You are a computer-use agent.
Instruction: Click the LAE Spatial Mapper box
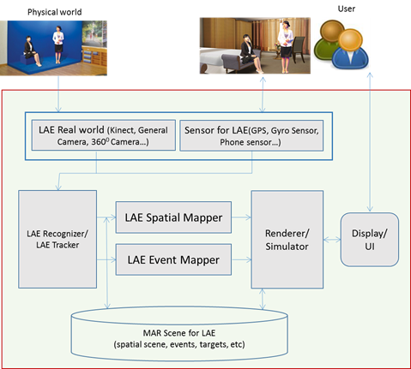coord(173,217)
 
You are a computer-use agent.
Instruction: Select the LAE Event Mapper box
coord(173,259)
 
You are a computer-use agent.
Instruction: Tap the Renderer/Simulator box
coord(287,240)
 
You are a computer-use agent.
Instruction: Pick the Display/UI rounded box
coord(370,240)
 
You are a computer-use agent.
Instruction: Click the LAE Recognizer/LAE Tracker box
coord(57,239)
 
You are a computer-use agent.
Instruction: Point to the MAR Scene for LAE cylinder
coord(179,334)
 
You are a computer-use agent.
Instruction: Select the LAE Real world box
coord(104,135)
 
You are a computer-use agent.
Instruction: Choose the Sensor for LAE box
coord(251,135)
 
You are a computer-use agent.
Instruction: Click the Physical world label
coord(55,12)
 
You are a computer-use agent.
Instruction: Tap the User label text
coord(347,9)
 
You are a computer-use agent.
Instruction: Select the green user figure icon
coord(329,40)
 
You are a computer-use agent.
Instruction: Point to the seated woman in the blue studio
coord(31,51)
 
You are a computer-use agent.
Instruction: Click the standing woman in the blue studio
coord(58,45)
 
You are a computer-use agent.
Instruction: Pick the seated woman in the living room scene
coord(251,53)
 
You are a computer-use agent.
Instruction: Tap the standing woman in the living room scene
coord(286,46)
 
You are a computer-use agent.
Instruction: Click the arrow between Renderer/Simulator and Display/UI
coord(332,240)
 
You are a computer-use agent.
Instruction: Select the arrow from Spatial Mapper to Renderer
coord(241,217)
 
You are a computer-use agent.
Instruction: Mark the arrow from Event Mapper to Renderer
coord(241,259)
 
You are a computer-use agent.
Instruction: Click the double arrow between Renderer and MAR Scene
coord(263,299)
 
